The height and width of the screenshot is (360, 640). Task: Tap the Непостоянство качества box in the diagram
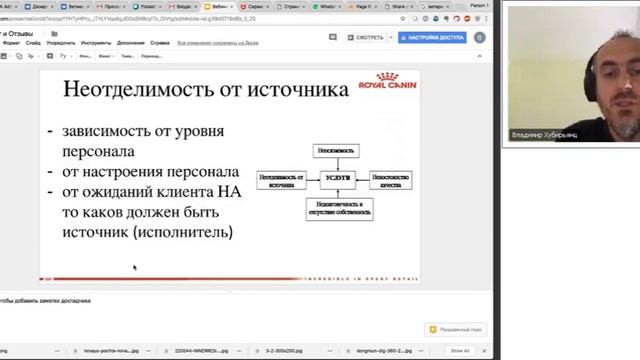[391, 180]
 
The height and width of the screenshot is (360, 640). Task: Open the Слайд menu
[34, 43]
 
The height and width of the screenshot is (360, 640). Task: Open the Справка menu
[160, 43]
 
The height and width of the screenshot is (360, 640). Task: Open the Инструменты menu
[97, 43]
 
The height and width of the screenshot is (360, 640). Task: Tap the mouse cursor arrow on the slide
[134, 267]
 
